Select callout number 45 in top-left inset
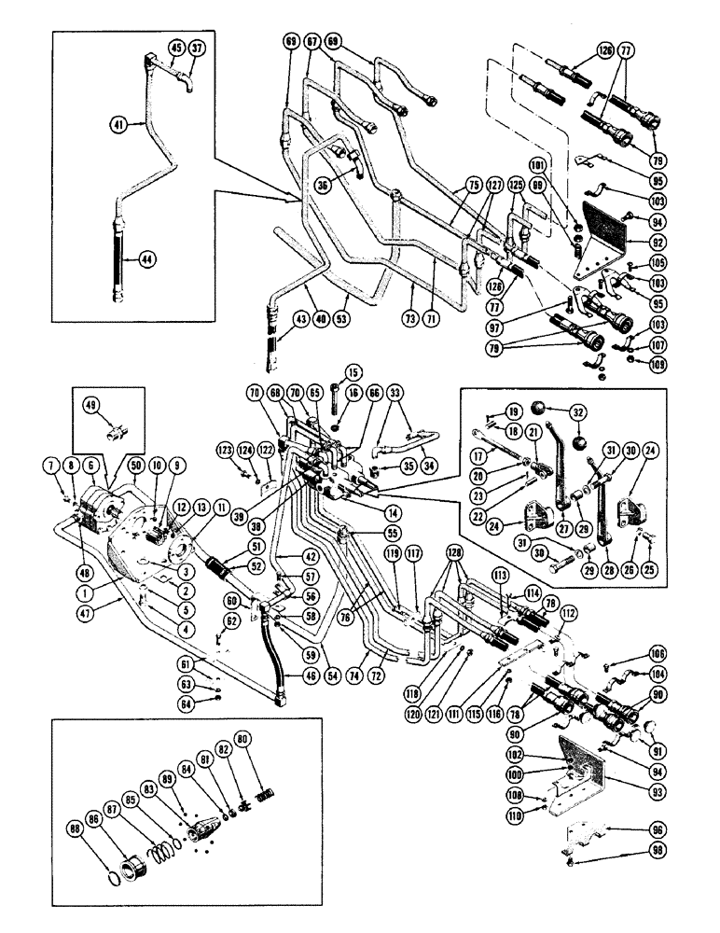[x=176, y=49]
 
